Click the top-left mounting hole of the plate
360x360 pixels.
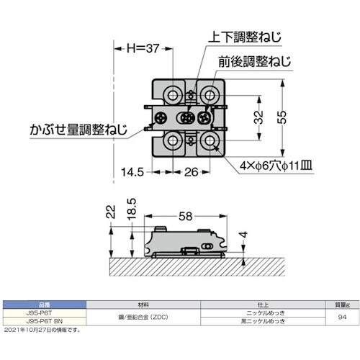point(173,95)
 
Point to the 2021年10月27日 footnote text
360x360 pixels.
point(44,330)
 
